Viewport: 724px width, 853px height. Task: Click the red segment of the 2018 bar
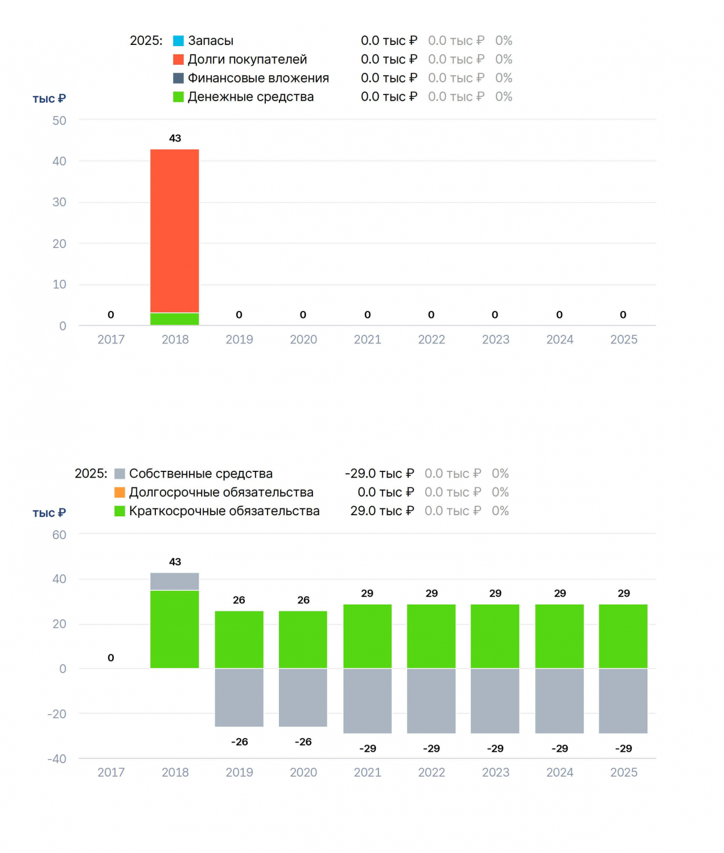pos(174,231)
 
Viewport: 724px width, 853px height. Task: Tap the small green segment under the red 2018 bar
pos(174,319)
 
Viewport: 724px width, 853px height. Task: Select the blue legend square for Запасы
pos(178,41)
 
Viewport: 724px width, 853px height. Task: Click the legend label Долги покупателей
pos(247,59)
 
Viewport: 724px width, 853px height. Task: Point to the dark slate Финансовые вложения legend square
pos(178,78)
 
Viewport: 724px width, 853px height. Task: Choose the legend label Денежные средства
pos(250,97)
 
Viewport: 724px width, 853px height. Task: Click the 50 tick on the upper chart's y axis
pos(59,121)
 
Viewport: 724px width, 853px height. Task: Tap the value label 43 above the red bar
pos(175,138)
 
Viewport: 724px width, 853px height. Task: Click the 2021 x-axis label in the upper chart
pos(367,339)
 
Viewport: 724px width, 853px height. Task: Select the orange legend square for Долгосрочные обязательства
pos(120,492)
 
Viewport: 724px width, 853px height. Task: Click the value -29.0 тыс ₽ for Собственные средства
pos(379,473)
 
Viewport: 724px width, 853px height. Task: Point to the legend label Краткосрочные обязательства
pos(224,511)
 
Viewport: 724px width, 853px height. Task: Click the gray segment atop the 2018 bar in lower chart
pos(174,581)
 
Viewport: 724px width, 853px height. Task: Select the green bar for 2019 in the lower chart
pos(238,639)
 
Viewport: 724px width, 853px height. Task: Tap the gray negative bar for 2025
pos(623,701)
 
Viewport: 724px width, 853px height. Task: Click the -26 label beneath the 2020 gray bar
pos(303,742)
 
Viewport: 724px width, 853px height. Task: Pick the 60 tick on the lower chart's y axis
pos(59,535)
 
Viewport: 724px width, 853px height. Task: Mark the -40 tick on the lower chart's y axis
pos(57,759)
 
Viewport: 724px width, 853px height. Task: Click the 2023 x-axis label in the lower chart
pos(495,772)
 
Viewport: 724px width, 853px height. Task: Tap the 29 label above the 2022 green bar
pos(431,594)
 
